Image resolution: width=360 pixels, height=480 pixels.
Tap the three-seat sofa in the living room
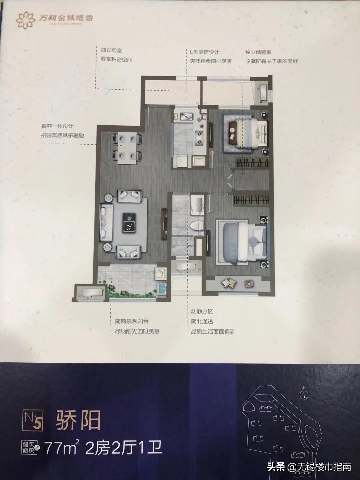click(x=104, y=222)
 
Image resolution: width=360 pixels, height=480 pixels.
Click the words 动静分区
click(x=202, y=311)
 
